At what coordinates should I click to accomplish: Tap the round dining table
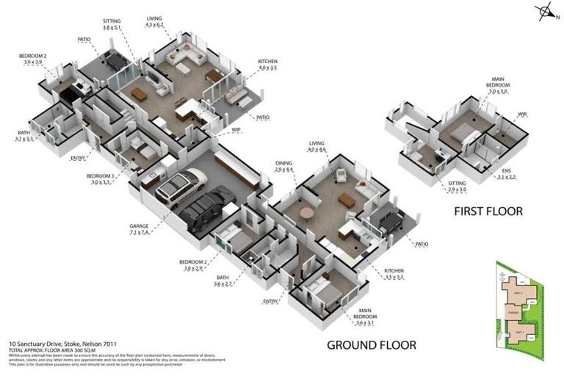(305, 214)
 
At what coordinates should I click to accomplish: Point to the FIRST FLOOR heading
(488, 211)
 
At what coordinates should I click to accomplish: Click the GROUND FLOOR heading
(372, 344)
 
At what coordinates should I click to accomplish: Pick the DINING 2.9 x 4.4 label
(283, 166)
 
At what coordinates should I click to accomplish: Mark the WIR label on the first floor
(522, 114)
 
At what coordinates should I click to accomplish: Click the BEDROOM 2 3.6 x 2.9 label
(193, 265)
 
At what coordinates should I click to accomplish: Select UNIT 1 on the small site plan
(519, 332)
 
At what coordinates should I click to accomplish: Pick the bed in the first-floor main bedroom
(461, 133)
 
